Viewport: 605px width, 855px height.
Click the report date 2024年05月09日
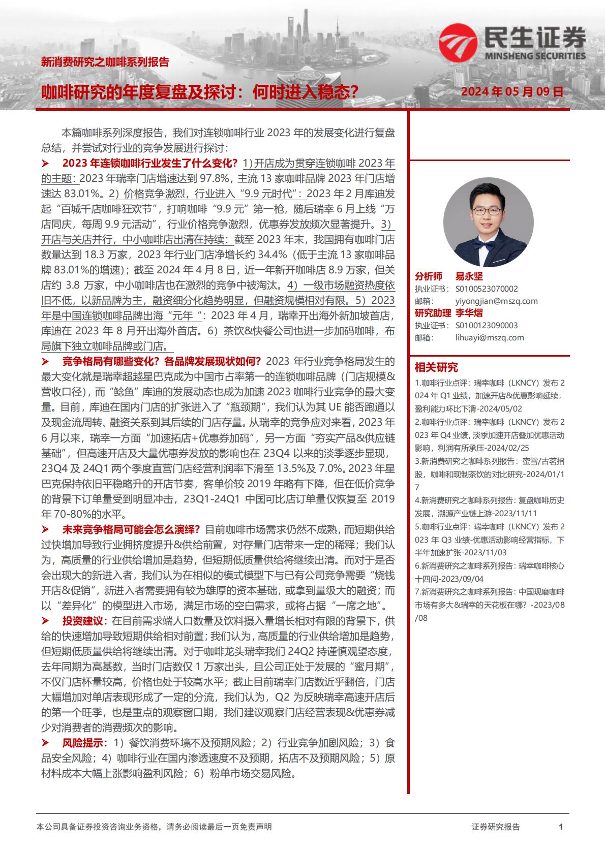pos(512,92)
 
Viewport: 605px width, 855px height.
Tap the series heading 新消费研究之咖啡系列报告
pos(105,63)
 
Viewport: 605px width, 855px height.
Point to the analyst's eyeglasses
pos(489,209)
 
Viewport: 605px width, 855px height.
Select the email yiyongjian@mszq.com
pos(497,301)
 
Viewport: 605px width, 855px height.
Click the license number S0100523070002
pos(487,289)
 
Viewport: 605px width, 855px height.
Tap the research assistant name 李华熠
pos(469,313)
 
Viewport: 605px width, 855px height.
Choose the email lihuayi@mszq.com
pos(490,337)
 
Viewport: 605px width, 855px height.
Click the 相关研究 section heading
pos(436,367)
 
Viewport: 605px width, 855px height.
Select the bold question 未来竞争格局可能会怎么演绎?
pos(131,529)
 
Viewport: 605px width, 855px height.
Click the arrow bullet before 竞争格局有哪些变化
pos(45,362)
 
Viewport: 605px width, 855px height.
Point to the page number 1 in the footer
pos(561,827)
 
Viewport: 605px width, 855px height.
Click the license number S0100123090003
pos(487,325)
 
